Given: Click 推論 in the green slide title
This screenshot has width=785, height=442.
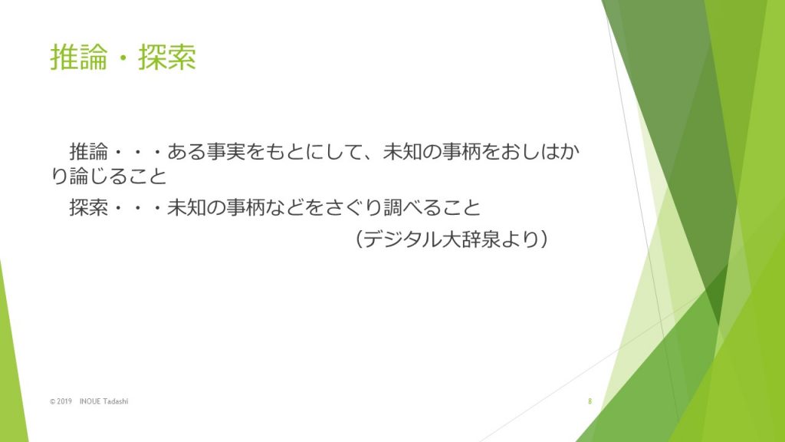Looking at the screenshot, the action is click(79, 57).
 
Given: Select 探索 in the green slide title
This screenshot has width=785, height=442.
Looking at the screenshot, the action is click(166, 57).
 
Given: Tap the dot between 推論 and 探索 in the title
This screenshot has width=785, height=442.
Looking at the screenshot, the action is click(123, 58).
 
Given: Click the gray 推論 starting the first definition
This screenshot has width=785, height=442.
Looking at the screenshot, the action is click(89, 151).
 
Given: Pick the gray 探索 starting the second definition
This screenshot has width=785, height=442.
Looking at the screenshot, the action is click(89, 207).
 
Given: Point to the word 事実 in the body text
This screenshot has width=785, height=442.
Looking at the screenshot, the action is click(226, 151).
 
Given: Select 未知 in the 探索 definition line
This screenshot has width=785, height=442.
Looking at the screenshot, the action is click(187, 207).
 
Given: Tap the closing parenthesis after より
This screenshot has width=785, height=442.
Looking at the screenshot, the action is click(544, 239).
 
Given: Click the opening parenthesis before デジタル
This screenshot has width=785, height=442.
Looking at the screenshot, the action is click(359, 239).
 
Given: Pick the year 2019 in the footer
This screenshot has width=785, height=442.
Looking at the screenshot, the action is click(64, 401).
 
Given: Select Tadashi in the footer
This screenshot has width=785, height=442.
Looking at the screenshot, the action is click(116, 401).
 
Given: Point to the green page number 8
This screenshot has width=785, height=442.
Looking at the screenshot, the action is click(590, 401).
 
